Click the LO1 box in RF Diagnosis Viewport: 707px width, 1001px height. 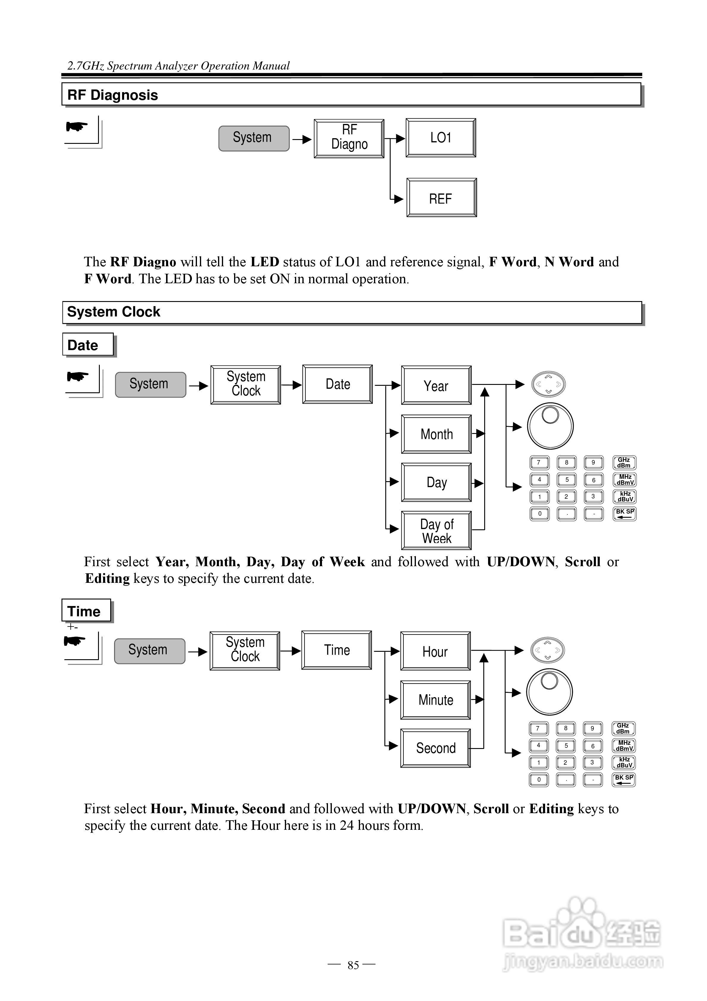pos(441,138)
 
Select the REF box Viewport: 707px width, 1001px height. pos(441,198)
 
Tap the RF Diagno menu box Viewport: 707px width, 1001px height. pos(349,138)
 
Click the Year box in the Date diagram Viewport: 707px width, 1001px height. pos(436,385)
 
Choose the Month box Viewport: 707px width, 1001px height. pos(436,434)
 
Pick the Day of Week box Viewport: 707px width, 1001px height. pos(436,531)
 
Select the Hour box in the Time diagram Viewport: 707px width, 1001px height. pos(435,651)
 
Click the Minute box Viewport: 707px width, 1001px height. pos(435,700)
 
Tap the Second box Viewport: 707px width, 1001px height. pos(435,748)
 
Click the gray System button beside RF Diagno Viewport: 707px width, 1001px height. pos(254,138)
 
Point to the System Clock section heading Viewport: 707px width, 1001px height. pos(114,312)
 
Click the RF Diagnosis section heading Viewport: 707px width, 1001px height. pos(113,95)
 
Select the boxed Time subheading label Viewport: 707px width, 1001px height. pos(84,611)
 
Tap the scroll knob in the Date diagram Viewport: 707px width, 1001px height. pos(550,426)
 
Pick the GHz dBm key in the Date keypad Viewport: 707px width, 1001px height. pos(624,462)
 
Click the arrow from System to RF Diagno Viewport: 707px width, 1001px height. pos(302,139)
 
